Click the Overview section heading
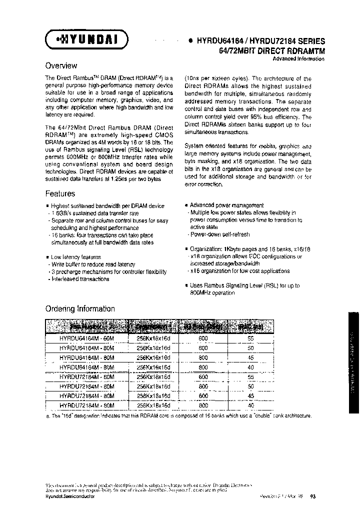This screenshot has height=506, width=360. click(61, 65)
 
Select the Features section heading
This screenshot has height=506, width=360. click(60, 193)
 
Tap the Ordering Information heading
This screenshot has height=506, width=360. click(80, 308)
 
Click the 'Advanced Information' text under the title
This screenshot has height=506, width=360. click(298, 58)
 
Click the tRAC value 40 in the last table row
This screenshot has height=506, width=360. click(250, 405)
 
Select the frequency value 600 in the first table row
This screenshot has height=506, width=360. click(203, 338)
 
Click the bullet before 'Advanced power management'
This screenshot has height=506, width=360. click(186, 205)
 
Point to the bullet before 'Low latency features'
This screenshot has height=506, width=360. click(47, 257)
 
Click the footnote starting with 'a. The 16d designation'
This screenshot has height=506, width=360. click(178, 415)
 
